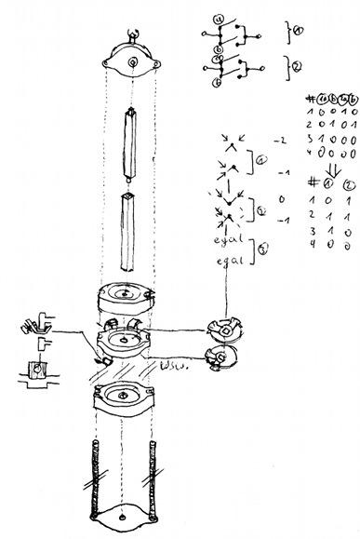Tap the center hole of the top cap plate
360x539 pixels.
(x=135, y=62)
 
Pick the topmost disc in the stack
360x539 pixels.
(x=125, y=300)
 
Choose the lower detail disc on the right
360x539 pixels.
(x=223, y=357)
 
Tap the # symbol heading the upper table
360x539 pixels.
(x=309, y=97)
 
